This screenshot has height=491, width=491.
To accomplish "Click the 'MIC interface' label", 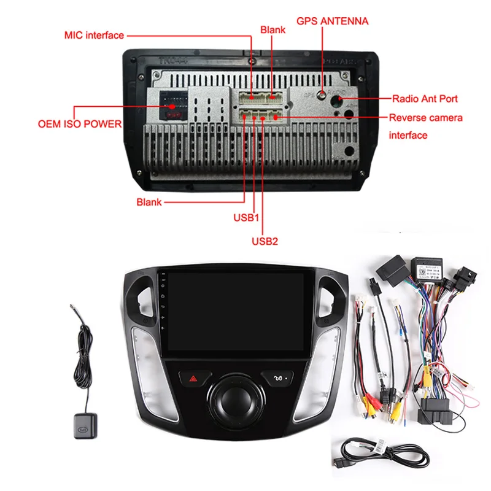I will pos(94,35).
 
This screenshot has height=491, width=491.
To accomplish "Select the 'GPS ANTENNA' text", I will pos(332,21).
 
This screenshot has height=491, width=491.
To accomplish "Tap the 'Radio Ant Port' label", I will pos(425,98).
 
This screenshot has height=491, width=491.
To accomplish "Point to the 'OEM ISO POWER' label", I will pos(80,124).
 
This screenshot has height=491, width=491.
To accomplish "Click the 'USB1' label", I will pos(247,217).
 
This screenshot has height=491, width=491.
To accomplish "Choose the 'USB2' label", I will pos(265,241).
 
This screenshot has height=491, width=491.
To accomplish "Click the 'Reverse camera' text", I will pos(425,117).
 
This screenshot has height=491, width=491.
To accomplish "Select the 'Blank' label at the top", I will pos(273,29).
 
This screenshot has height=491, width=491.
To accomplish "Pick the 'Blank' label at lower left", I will pos(149,201).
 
